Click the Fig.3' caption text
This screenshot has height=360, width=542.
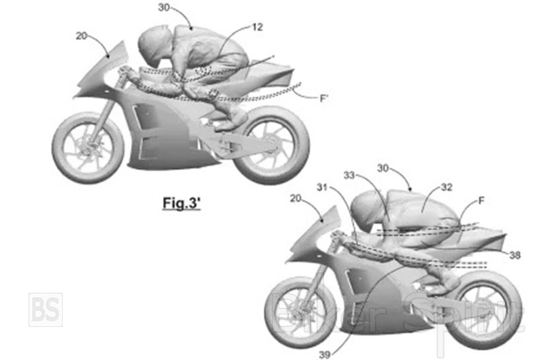(x=182, y=203)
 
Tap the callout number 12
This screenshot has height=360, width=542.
(x=258, y=27)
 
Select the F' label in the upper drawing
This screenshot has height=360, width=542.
(x=324, y=98)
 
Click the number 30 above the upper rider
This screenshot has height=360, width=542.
(x=164, y=7)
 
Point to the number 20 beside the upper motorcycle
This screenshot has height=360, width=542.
(x=81, y=36)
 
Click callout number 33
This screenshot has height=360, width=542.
(x=350, y=175)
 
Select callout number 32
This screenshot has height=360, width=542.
(x=447, y=187)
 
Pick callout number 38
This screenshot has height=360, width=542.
(x=515, y=255)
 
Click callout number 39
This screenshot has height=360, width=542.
(x=325, y=354)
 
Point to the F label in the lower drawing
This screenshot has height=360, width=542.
(x=481, y=200)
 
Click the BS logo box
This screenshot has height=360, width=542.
(x=46, y=310)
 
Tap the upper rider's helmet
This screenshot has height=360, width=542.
(x=155, y=44)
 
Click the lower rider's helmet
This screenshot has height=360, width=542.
(x=367, y=208)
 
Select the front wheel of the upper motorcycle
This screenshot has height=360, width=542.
(x=88, y=148)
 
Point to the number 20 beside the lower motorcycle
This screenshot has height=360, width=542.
(x=295, y=198)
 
